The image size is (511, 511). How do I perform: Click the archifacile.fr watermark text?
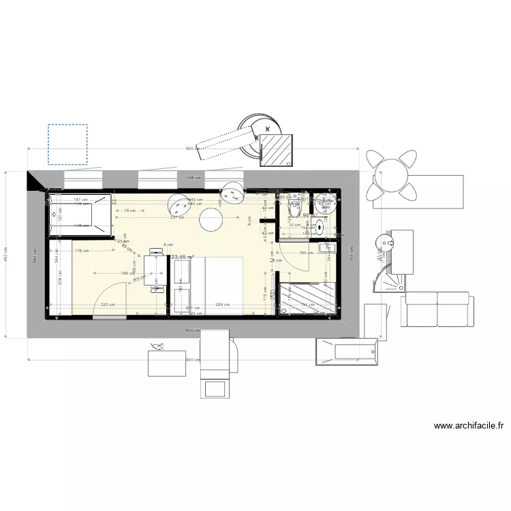[469, 426]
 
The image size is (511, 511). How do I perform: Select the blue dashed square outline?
[67, 144]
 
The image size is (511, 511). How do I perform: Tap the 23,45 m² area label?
[183, 258]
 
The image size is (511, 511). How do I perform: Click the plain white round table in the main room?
[211, 219]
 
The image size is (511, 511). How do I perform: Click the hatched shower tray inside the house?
[308, 300]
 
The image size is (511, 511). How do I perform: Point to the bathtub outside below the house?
[346, 351]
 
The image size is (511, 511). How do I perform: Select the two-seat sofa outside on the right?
[436, 309]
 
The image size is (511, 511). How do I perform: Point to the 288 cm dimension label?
[221, 305]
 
